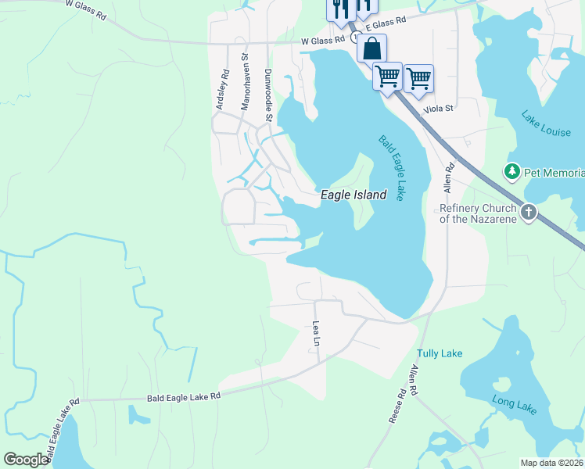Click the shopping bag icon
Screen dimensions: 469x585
pyautogui.click(x=372, y=48)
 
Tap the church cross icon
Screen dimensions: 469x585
pyautogui.click(x=528, y=211)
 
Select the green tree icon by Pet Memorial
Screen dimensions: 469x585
pyautogui.click(x=512, y=170)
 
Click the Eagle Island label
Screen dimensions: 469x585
pyautogui.click(x=354, y=195)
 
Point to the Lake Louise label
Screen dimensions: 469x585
pyautogui.click(x=545, y=124)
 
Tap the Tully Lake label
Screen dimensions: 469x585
pyautogui.click(x=440, y=353)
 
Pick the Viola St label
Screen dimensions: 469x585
pyautogui.click(x=439, y=110)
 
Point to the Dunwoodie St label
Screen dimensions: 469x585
pyautogui.click(x=267, y=95)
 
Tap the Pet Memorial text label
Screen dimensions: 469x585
pyautogui.click(x=554, y=172)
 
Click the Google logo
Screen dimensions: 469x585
pyautogui.click(x=27, y=460)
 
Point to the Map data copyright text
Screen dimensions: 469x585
pyautogui.click(x=552, y=463)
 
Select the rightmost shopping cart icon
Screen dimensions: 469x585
pyautogui.click(x=418, y=77)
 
